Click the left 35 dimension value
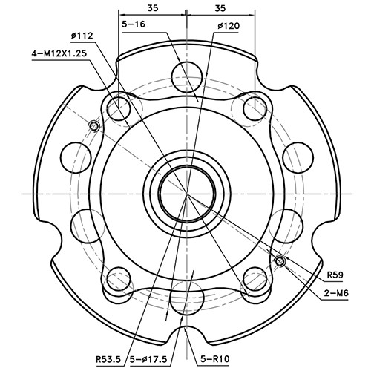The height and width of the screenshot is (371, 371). pos(152,8)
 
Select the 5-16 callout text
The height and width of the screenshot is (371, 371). pos(134,24)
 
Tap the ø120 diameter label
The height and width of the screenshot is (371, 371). pos(228,25)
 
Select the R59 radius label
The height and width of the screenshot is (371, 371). pos(335,275)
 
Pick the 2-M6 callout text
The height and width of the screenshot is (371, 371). pos(337,293)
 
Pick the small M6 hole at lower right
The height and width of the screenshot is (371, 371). pos(279,261)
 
